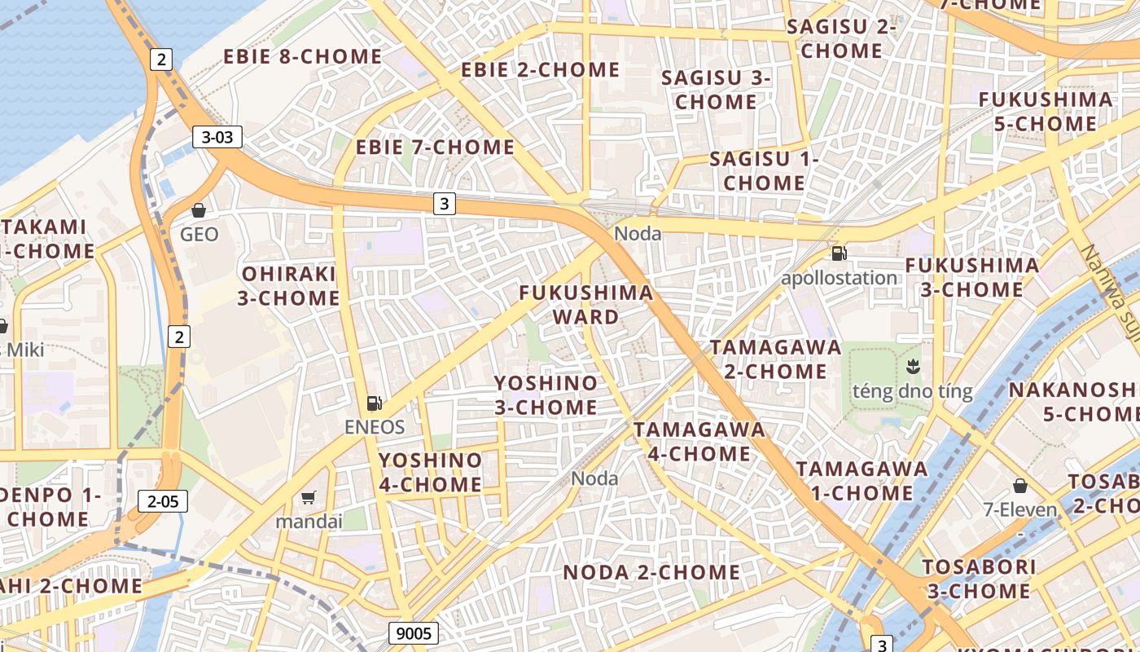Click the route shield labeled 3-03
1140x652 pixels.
pyautogui.click(x=217, y=137)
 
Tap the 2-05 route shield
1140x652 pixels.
pyautogui.click(x=163, y=501)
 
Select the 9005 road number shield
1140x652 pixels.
pyautogui.click(x=414, y=632)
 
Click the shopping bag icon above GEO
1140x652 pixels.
pyautogui.click(x=199, y=210)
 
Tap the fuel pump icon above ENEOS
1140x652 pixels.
pyautogui.click(x=375, y=403)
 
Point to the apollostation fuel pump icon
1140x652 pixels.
pyautogui.click(x=839, y=253)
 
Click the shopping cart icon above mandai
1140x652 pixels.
pyautogui.click(x=309, y=497)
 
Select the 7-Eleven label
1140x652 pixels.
pyautogui.click(x=1019, y=511)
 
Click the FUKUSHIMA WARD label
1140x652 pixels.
pyautogui.click(x=586, y=304)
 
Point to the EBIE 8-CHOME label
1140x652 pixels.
pyautogui.click(x=303, y=56)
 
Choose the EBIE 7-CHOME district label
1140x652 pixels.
pyautogui.click(x=435, y=148)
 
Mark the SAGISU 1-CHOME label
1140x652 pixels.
pyautogui.click(x=764, y=171)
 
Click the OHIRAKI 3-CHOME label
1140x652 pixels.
pyautogui.click(x=289, y=285)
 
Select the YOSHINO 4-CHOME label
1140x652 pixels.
pyautogui.click(x=431, y=473)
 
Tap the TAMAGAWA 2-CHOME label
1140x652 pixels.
pyautogui.click(x=776, y=359)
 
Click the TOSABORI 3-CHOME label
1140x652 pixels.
pyautogui.click(x=979, y=579)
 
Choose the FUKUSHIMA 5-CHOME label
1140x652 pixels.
pyautogui.click(x=1046, y=112)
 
